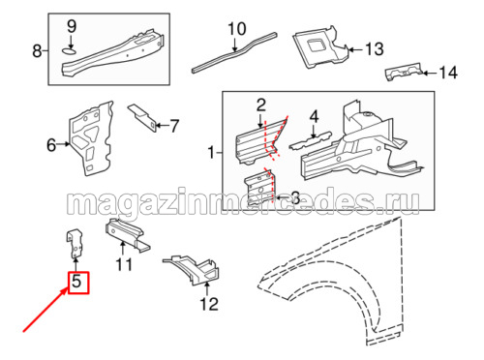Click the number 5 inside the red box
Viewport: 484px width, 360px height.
[76, 282]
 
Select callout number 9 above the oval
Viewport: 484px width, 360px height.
[72, 26]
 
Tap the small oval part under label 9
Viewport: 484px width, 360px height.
[69, 50]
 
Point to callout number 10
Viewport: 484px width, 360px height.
[237, 29]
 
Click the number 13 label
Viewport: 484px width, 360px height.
[375, 49]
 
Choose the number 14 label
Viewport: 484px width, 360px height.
[448, 73]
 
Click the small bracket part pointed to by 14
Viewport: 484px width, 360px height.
[404, 72]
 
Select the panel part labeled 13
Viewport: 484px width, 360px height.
[321, 47]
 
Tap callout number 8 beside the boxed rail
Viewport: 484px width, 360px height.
[37, 51]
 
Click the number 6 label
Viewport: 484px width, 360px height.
[51, 145]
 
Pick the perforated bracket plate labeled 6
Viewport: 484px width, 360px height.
[91, 138]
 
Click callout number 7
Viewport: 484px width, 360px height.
[174, 126]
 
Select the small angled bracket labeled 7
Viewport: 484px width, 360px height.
[142, 117]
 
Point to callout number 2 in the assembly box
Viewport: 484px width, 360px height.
[261, 105]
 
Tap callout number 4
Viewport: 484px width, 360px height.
[314, 116]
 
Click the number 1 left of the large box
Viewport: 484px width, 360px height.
[212, 152]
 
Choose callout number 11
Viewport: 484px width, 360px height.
[124, 265]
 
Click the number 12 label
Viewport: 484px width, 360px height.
[209, 304]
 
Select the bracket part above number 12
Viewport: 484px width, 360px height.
[192, 270]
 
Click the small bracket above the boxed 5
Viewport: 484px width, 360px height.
[76, 244]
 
